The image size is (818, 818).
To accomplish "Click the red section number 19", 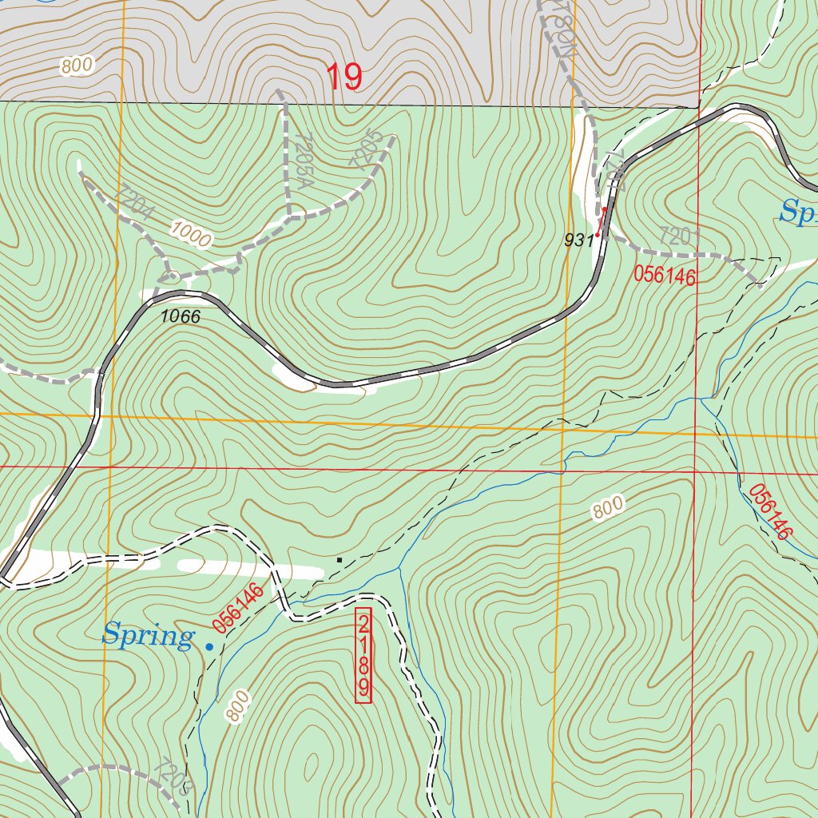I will (343, 77).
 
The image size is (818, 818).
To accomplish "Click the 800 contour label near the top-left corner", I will (77, 66).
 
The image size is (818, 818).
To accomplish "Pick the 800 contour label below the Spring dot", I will (238, 707).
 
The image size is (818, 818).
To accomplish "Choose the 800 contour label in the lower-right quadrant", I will (608, 509).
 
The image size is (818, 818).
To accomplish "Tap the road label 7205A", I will (302, 159).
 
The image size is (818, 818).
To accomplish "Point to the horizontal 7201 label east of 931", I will (680, 236).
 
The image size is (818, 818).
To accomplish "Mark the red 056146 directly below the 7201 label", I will (665, 276).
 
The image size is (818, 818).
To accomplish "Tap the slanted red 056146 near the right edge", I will (772, 511).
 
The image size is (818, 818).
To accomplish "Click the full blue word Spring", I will (148, 637).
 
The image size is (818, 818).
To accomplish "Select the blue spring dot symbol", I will (209, 646).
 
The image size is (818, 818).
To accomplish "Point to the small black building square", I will (339, 560).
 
